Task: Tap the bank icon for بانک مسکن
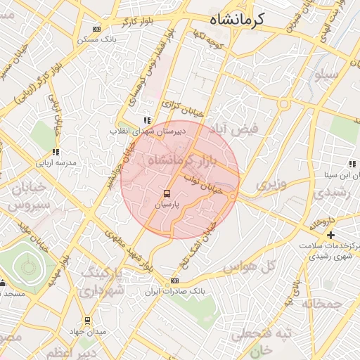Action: tap(96, 29)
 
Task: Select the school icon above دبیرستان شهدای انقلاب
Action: tap(146, 120)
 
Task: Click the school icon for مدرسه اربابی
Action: tap(56, 151)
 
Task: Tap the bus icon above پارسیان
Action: tap(167, 192)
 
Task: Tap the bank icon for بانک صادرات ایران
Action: tap(175, 281)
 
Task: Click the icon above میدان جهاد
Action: tap(87, 320)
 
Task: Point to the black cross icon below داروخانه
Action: tap(330, 234)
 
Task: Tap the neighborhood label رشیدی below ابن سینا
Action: tap(326, 192)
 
